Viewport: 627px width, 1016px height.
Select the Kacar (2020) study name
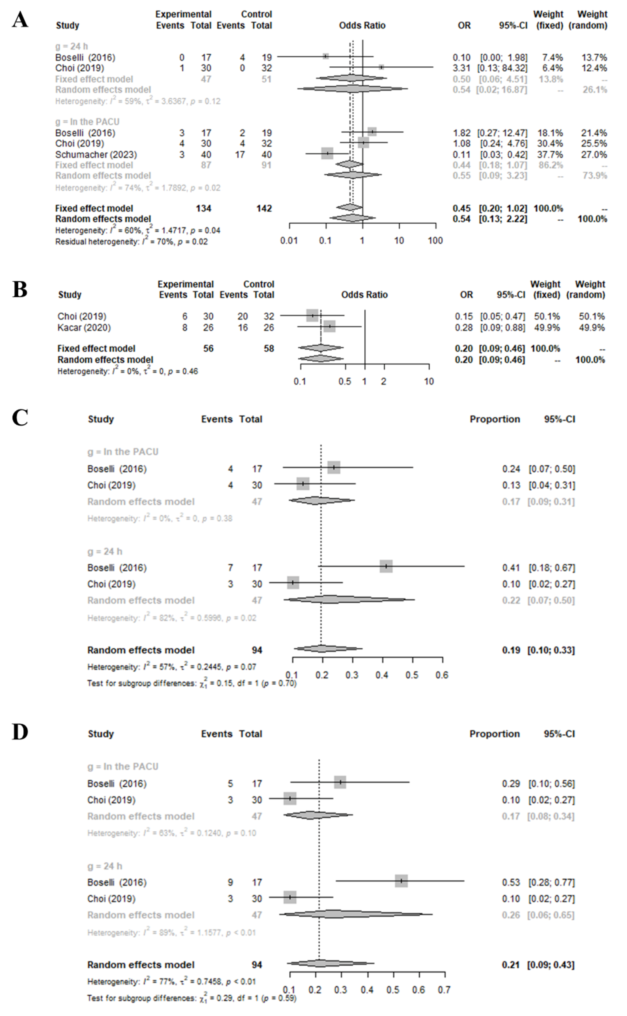(x=84, y=328)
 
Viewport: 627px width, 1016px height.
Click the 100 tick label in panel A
(x=435, y=241)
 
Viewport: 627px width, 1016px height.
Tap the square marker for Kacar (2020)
(x=329, y=326)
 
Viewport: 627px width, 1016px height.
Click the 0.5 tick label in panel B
(x=345, y=381)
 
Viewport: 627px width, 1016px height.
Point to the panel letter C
(x=20, y=417)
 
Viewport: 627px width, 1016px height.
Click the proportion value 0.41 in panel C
(x=511, y=568)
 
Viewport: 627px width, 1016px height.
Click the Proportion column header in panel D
(x=494, y=734)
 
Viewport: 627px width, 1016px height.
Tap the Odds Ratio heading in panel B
(x=364, y=295)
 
